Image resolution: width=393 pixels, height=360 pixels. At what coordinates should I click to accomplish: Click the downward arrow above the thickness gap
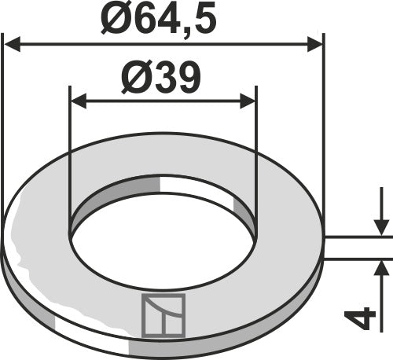pyautogui.click(x=380, y=224)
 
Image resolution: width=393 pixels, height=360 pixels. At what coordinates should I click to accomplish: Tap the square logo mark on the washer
pyautogui.click(x=163, y=314)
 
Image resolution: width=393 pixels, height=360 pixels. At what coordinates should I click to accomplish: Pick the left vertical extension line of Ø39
pyautogui.click(x=70, y=157)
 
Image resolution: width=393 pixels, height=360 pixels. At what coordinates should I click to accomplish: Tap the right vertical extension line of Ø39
pyautogui.click(x=256, y=157)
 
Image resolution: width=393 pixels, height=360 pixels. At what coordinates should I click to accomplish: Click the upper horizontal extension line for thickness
pyautogui.click(x=358, y=236)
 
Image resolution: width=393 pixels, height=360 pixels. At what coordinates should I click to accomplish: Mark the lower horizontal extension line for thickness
pyautogui.click(x=358, y=261)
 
